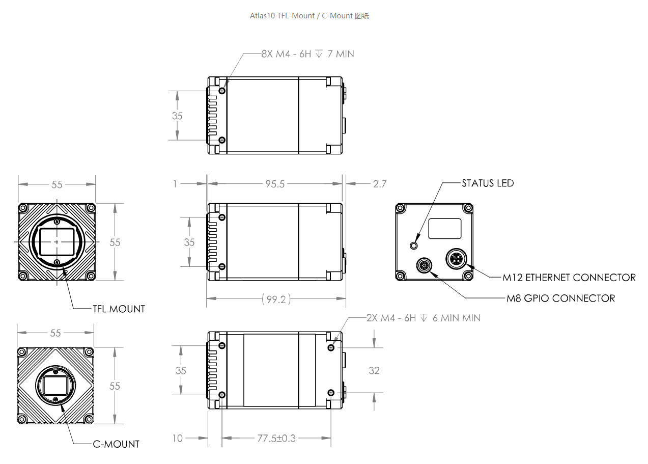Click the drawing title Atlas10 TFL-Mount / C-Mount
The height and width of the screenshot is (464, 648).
301,16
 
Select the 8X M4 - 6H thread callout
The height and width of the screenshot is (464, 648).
308,54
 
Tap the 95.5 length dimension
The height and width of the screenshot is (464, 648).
275,184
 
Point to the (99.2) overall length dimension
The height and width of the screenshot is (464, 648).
276,299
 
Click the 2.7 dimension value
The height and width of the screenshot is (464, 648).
380,184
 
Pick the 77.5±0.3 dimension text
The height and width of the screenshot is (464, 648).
276,439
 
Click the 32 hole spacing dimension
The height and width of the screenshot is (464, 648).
374,370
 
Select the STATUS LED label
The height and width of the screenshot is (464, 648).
488,183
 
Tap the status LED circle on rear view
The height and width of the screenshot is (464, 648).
414,246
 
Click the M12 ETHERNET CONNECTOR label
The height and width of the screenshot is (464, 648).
569,278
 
